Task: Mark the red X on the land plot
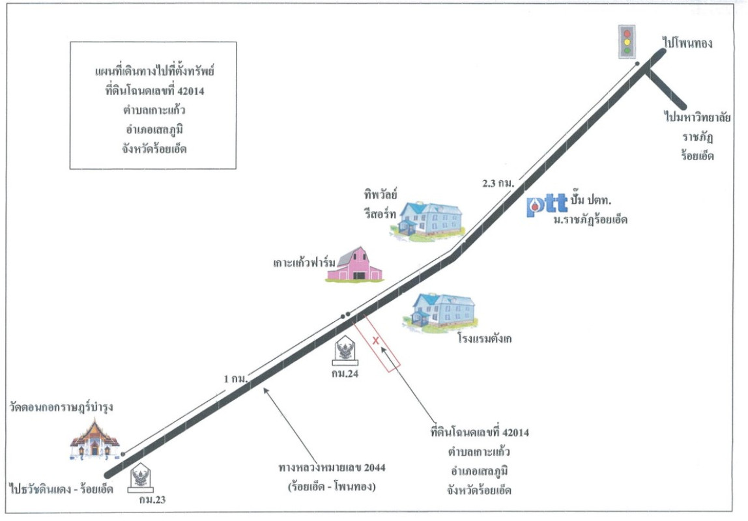pyautogui.click(x=376, y=340)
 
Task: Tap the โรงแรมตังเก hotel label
pyautogui.click(x=485, y=339)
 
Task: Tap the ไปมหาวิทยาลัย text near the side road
pyautogui.click(x=697, y=119)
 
